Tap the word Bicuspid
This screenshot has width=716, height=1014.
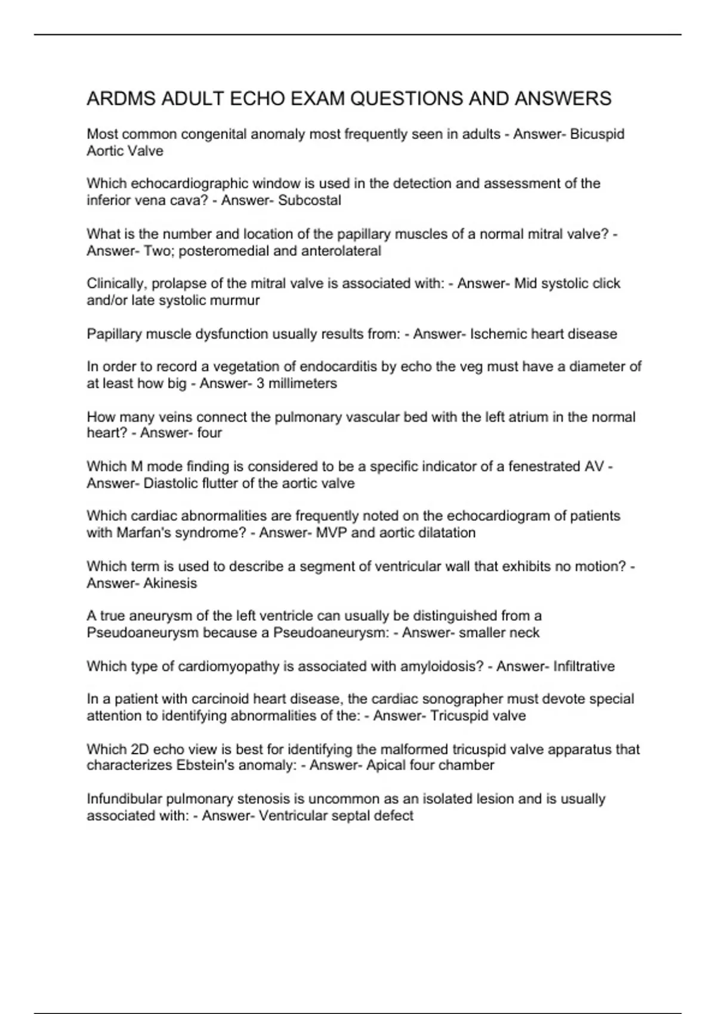pos(597,134)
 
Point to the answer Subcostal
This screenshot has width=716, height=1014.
pos(310,200)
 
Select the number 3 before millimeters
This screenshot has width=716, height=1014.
pos(260,384)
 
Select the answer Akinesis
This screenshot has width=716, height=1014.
pos(170,583)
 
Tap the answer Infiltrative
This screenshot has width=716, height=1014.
pos(584,666)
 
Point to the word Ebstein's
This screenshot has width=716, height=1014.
pos(206,765)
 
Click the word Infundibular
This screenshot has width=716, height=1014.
pos(124,799)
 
